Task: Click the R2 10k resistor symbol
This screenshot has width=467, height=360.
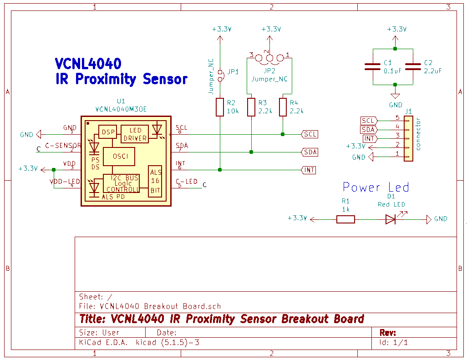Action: (220, 107)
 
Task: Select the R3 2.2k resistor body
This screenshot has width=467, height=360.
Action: (251, 107)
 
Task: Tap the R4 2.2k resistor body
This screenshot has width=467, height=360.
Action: (283, 107)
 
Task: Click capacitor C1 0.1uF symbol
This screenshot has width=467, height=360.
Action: (373, 66)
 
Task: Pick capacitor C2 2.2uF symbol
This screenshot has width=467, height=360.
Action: (413, 66)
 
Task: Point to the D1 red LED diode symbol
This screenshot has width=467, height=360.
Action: (391, 219)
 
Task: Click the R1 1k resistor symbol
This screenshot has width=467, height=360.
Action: (345, 219)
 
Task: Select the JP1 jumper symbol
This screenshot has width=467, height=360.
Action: (220, 75)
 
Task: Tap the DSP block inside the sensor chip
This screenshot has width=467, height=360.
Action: (108, 132)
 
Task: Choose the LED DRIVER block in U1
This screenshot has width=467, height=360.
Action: (135, 134)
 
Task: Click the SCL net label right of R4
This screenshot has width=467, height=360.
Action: (310, 134)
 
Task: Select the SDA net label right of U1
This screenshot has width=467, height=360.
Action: (310, 152)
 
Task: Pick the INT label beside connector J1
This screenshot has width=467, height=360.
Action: (370, 138)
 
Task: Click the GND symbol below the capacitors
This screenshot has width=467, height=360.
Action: (395, 96)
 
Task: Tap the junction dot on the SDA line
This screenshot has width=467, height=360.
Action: (251, 152)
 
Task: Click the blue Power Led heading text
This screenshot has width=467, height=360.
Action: (376, 188)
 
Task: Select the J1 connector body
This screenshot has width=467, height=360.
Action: (408, 138)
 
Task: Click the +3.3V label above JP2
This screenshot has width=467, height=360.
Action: (271, 29)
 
